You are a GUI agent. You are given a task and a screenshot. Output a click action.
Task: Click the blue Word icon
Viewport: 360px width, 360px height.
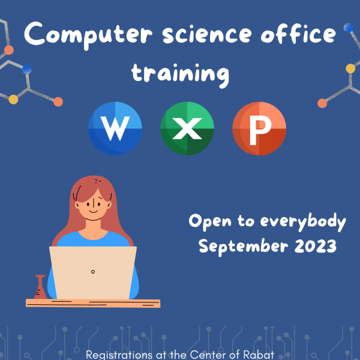coord(115,128)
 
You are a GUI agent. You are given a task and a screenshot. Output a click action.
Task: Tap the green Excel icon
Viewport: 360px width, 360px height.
coord(187,128)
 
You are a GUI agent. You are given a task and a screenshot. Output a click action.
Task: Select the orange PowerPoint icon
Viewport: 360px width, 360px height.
coord(259,128)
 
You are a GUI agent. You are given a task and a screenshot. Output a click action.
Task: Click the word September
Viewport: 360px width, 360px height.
coord(244,247)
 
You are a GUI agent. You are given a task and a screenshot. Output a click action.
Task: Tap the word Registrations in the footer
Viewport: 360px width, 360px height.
coord(119,355)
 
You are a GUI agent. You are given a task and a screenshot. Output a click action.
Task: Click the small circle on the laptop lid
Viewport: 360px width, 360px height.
coord(93,272)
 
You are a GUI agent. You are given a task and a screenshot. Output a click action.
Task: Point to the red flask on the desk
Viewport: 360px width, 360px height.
coord(40,287)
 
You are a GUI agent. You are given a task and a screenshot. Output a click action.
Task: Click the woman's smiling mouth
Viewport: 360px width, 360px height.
coord(93,212)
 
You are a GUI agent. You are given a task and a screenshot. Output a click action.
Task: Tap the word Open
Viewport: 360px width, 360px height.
coord(210,221)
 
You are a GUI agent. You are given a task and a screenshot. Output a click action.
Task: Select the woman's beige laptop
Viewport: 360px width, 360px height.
coord(93,273)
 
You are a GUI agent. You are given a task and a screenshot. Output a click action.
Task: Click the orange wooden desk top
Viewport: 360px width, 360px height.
coord(93,303)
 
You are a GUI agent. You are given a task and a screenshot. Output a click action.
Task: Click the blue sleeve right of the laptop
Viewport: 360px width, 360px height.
coord(134,284)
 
